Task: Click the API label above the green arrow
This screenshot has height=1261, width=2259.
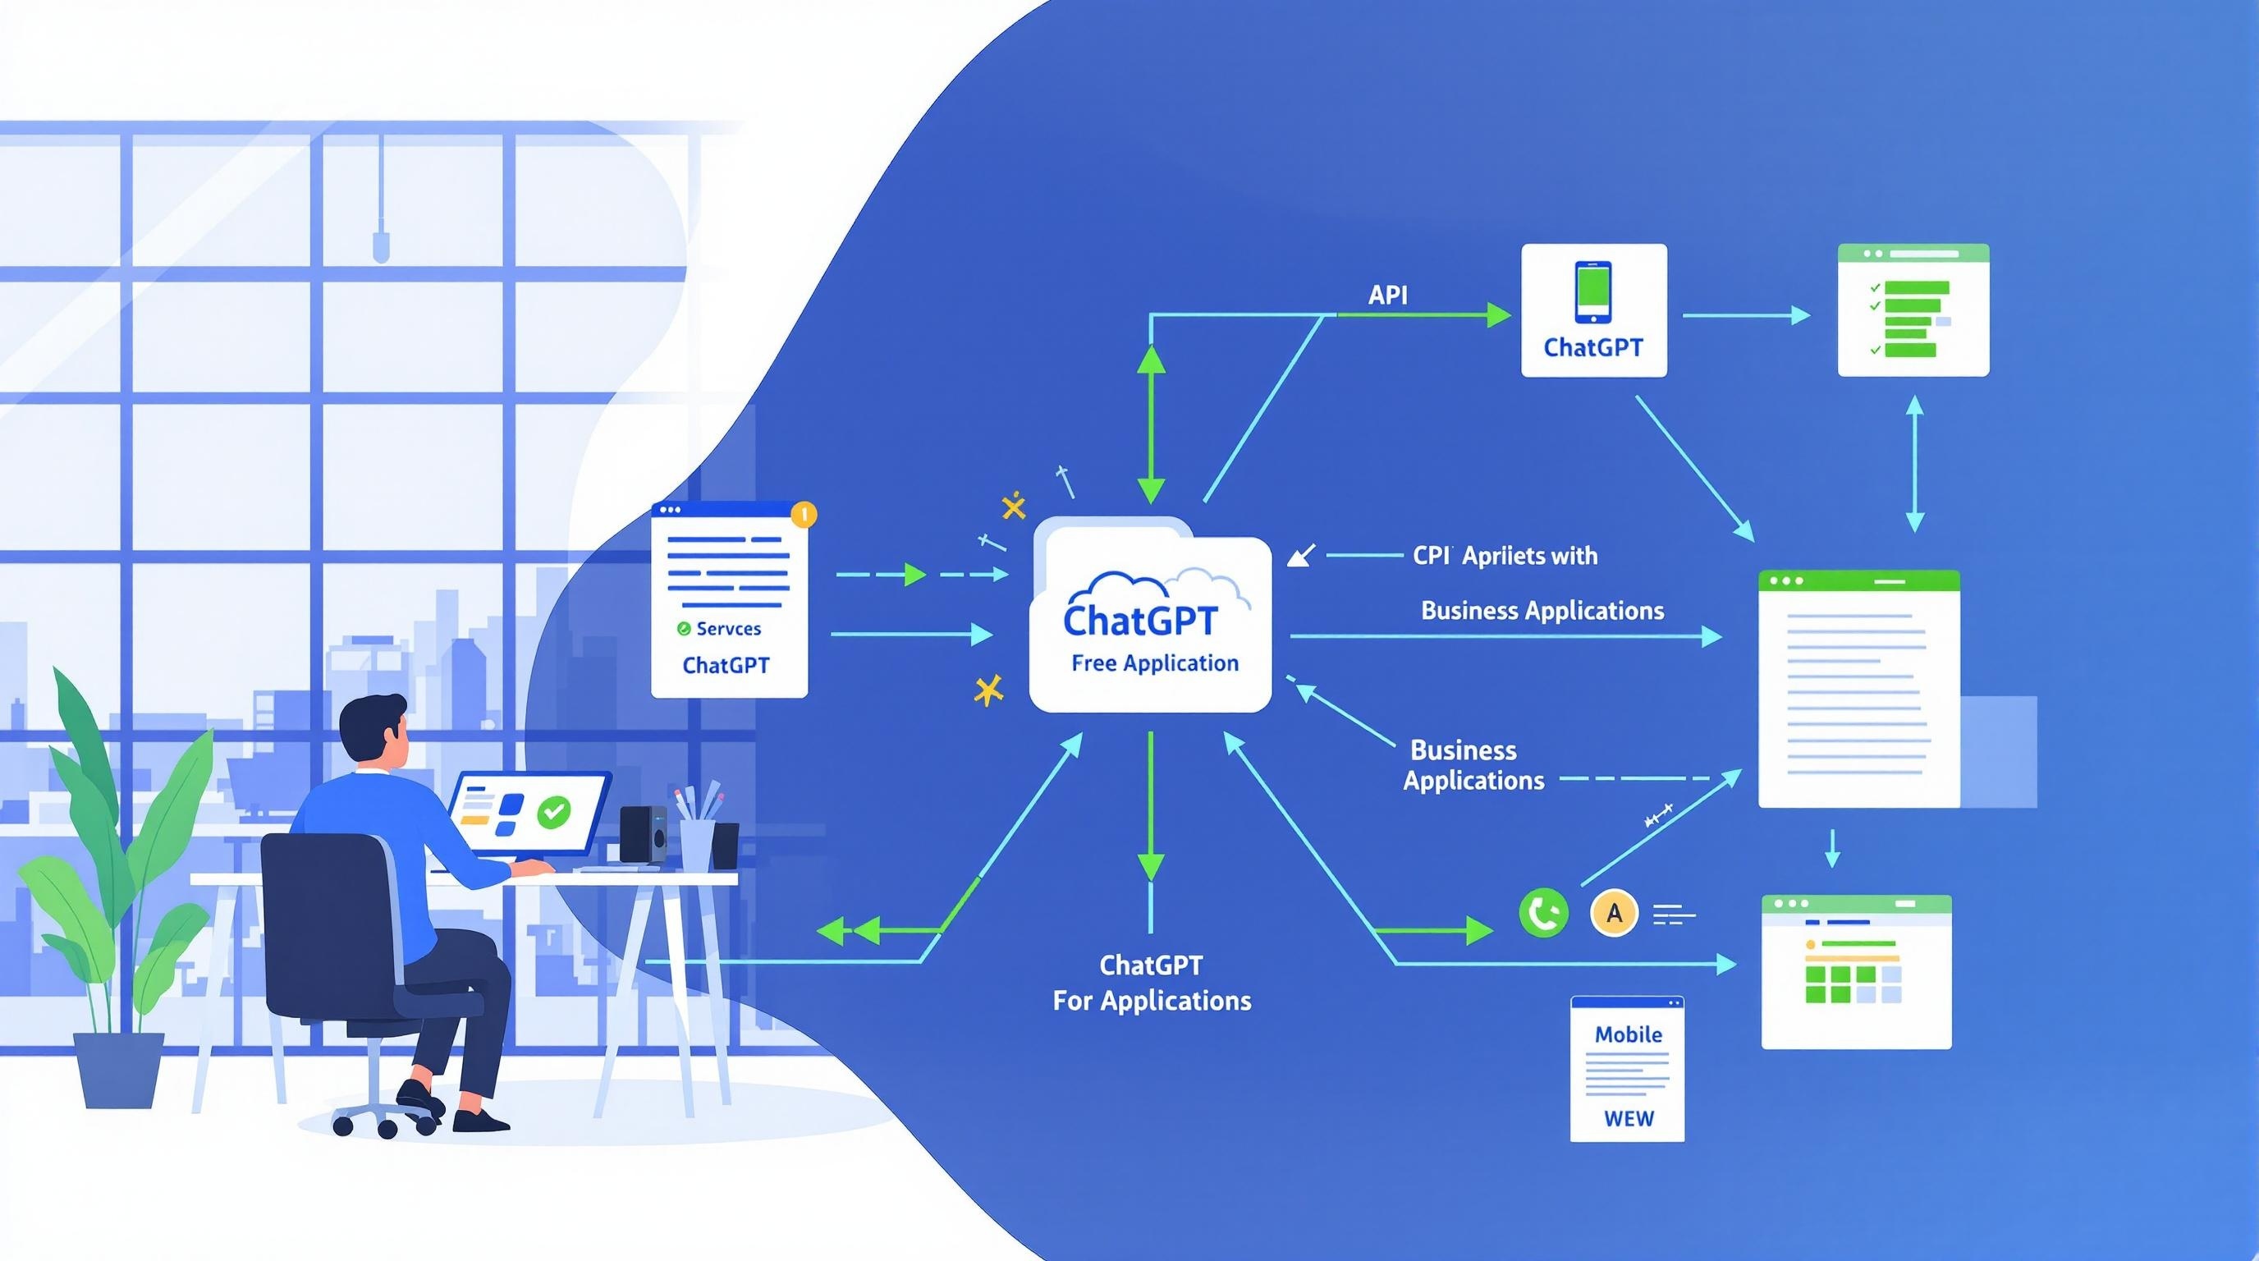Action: tap(1387, 295)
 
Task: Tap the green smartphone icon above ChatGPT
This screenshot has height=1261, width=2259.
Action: tap(1592, 293)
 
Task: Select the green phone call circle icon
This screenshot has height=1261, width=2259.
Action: tap(1542, 913)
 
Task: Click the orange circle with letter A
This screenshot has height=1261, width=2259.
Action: tap(1614, 913)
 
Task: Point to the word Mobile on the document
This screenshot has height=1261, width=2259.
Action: tap(1628, 1034)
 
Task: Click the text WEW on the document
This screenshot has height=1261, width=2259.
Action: tap(1628, 1119)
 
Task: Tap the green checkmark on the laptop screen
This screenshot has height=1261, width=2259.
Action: tap(553, 811)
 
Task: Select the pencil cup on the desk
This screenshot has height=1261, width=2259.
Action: tap(696, 844)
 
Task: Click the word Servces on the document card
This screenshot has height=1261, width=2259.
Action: tap(728, 629)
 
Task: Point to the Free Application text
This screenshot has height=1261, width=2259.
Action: tap(1154, 664)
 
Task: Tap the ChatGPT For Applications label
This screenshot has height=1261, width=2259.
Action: tap(1152, 983)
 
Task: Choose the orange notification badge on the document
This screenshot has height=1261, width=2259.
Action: tap(804, 514)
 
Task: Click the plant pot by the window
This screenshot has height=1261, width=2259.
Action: tap(117, 1070)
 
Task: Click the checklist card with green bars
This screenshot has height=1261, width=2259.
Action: tap(1913, 310)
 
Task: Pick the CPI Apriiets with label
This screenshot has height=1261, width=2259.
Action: tap(1505, 556)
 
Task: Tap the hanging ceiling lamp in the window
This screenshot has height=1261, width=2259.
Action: tap(381, 245)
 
